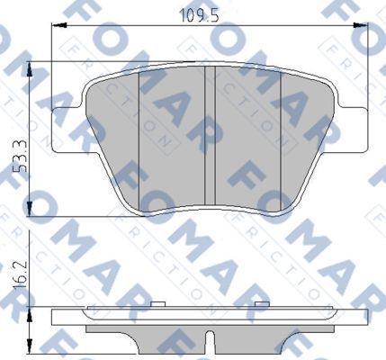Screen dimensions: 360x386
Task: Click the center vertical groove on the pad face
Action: point(211,135)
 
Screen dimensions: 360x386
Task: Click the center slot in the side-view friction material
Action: point(211,340)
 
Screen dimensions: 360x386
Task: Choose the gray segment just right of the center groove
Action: point(247,135)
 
